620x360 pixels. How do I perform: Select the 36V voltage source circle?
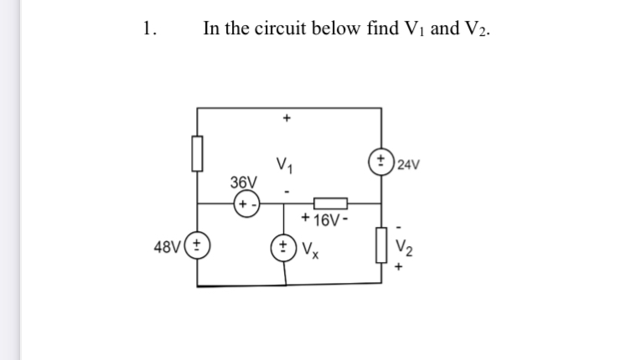(x=245, y=203)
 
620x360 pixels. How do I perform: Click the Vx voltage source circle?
(x=287, y=248)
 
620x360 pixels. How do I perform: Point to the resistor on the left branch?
(x=198, y=155)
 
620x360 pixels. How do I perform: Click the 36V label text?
(x=244, y=182)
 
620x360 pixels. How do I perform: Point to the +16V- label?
(x=327, y=222)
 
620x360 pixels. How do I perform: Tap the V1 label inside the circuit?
(x=286, y=162)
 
